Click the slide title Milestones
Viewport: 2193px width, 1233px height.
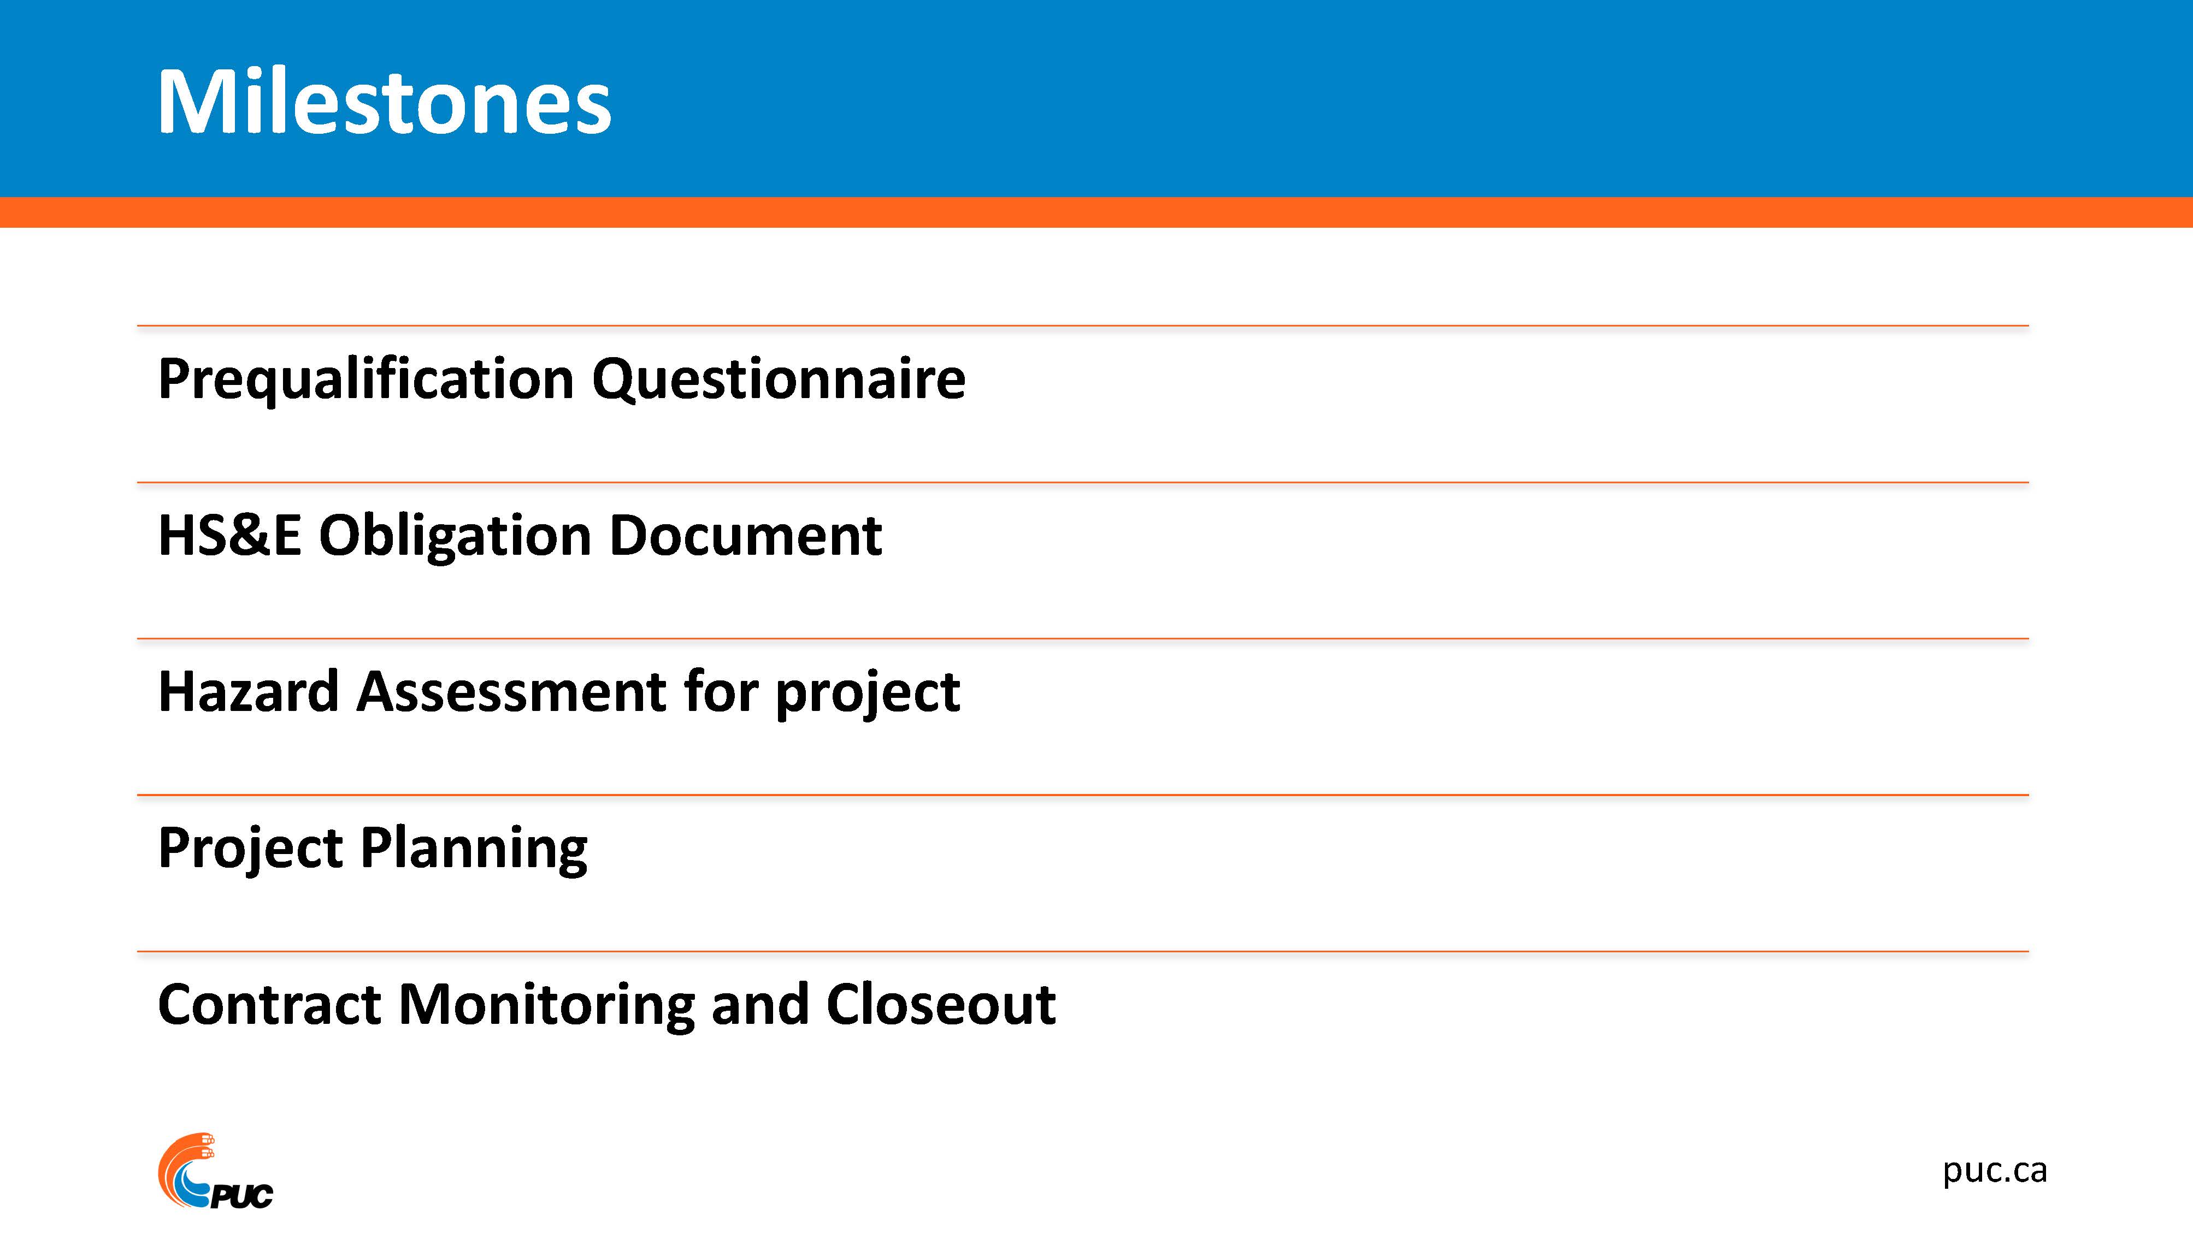coord(384,102)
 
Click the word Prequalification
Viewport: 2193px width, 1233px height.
coord(366,380)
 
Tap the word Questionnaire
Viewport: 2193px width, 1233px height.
coord(779,380)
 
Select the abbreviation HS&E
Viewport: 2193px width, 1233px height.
coord(230,536)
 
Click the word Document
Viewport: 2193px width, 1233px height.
coord(746,536)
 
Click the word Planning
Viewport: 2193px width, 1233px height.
coord(474,849)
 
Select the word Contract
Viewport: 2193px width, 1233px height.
coord(269,1005)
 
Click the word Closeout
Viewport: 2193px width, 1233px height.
coord(941,1004)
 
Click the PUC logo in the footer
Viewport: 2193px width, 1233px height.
coord(215,1171)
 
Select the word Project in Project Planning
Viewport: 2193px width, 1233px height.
coord(251,849)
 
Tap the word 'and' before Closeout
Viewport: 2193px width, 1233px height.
coord(760,1004)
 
